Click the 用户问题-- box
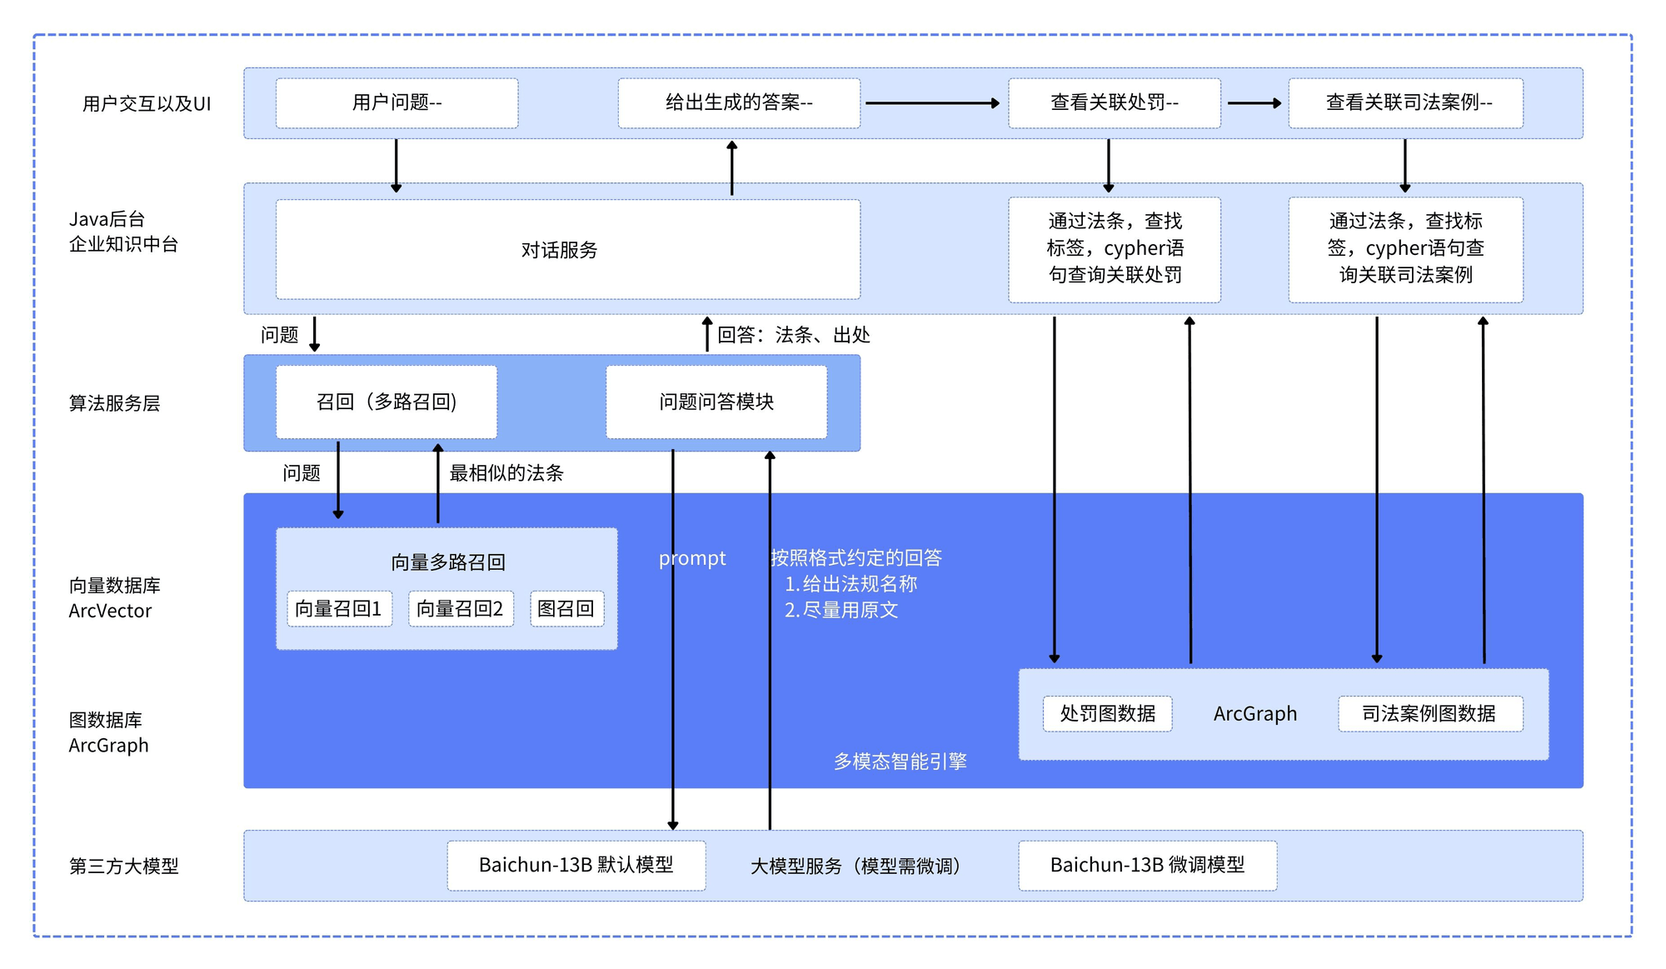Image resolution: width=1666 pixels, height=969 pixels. coord(397,102)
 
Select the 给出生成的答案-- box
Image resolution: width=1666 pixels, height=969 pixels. coord(738,102)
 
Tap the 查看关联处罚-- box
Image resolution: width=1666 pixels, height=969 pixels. coord(1114,102)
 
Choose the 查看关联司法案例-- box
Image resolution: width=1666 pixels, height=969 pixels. coord(1405,102)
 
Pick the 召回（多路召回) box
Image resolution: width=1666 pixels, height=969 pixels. coord(387,402)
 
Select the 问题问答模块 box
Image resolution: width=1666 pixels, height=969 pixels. coord(716,402)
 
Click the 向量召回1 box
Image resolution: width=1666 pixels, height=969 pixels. coord(339,608)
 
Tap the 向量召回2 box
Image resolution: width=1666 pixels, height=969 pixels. coord(461,608)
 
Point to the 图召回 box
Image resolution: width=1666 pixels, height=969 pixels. coord(566,608)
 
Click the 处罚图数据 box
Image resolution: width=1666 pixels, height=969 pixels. coord(1107,713)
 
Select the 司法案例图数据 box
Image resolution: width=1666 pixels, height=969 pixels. coord(1429,713)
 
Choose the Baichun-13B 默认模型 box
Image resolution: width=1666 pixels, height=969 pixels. coord(576,865)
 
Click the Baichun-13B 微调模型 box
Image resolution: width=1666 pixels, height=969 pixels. coord(1147,865)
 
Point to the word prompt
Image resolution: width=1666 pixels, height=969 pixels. coord(691,558)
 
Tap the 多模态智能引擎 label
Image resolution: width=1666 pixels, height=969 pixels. coord(900,761)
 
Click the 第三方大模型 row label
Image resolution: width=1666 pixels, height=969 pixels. coord(123,866)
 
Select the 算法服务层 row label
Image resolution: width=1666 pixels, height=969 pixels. coord(114,403)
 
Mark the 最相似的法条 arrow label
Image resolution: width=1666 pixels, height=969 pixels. coord(506,473)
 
